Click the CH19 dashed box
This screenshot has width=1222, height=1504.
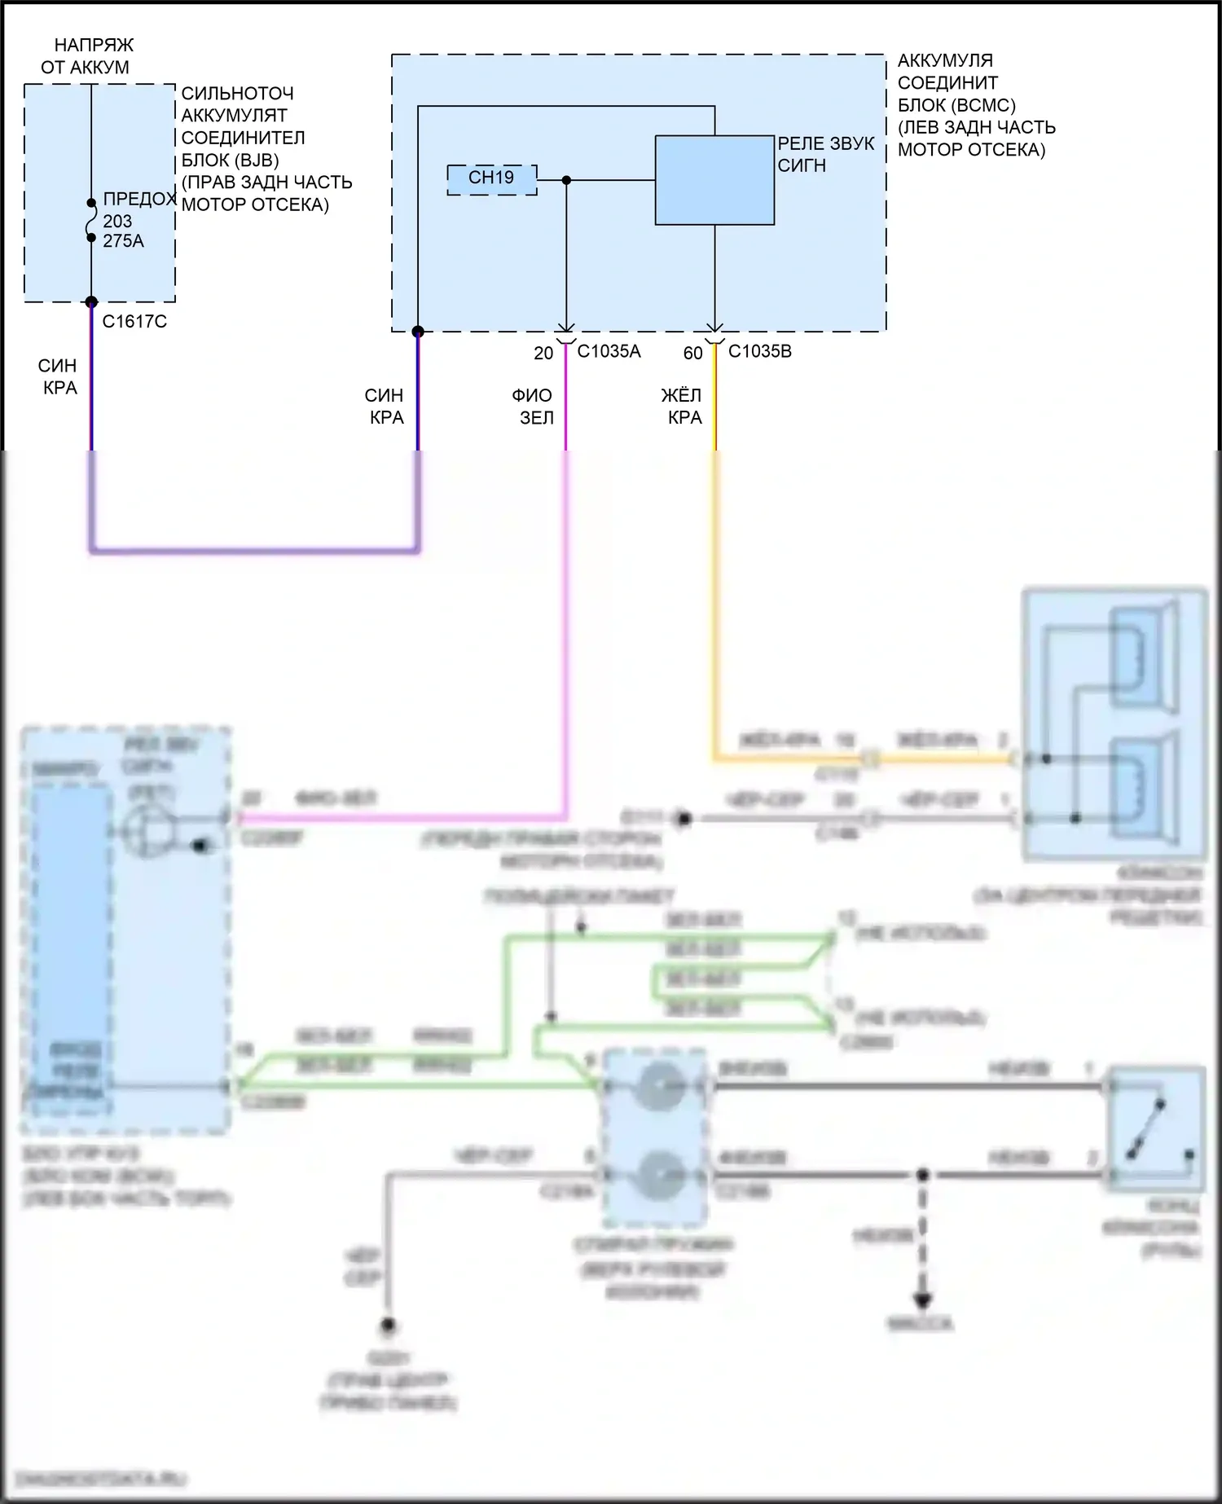point(492,179)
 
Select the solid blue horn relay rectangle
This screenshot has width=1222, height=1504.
point(714,180)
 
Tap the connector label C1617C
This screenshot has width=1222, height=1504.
point(134,322)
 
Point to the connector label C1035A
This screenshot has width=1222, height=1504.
point(609,352)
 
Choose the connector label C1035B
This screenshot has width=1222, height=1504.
point(759,352)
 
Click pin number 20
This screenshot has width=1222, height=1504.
point(543,354)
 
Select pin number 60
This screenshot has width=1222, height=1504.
point(692,354)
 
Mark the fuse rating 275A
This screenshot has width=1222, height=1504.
point(123,241)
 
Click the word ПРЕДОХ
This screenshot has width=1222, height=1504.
point(139,200)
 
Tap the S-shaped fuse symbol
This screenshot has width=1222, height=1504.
point(92,220)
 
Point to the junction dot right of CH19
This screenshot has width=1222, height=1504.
point(567,180)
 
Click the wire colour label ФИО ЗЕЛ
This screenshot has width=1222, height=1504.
point(533,407)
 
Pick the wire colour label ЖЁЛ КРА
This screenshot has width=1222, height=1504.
point(682,407)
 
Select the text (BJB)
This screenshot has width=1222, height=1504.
point(253,160)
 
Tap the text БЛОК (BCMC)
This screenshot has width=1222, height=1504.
point(956,105)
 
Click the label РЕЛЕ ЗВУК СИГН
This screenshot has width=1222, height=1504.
point(824,154)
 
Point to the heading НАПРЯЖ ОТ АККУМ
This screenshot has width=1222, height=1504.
point(87,56)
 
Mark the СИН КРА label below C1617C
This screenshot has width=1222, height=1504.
point(58,376)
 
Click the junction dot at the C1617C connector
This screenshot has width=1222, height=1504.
point(91,302)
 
